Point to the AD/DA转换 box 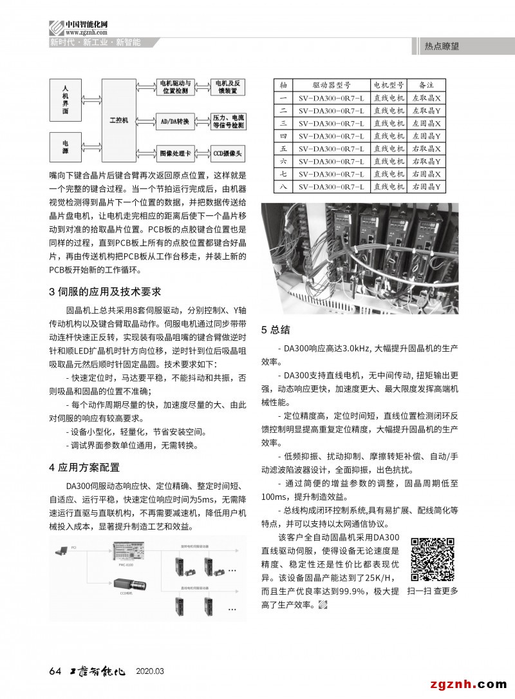pos(175,120)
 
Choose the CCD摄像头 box pos(227,154)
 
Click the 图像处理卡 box pos(175,154)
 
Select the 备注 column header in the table pos(426,85)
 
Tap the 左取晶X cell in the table pos(426,98)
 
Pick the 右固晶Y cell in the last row pos(426,187)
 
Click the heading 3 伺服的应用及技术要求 pos(105,292)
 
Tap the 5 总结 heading pos(276,330)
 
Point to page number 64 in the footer pos(55,671)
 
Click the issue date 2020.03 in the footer pos(150,671)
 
